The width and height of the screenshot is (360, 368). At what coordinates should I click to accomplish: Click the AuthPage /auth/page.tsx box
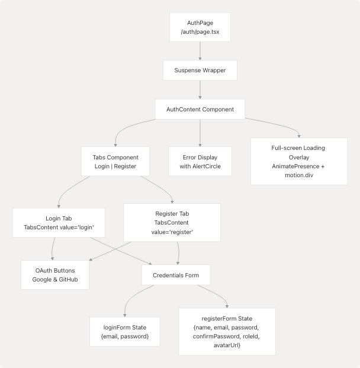pyautogui.click(x=200, y=27)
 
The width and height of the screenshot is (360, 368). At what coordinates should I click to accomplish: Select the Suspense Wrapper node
pyautogui.click(x=200, y=71)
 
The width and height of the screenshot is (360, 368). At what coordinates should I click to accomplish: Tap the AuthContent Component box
pyautogui.click(x=200, y=109)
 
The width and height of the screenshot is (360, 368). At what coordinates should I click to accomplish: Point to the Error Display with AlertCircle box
pyautogui.click(x=200, y=161)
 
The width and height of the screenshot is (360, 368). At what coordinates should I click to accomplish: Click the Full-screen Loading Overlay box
pyautogui.click(x=299, y=162)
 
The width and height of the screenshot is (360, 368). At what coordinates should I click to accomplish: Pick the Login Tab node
pyautogui.click(x=59, y=223)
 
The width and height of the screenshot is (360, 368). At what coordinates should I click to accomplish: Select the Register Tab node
pyautogui.click(x=172, y=223)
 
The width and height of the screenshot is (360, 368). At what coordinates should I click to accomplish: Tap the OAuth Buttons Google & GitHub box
pyautogui.click(x=55, y=274)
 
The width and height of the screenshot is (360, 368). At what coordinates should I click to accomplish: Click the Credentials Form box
pyautogui.click(x=176, y=274)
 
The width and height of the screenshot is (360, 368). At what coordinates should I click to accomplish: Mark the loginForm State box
pyautogui.click(x=124, y=331)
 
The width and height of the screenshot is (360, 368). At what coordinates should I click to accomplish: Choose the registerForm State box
pyautogui.click(x=226, y=331)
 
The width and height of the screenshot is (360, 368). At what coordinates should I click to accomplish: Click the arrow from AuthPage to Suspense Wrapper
pyautogui.click(x=200, y=51)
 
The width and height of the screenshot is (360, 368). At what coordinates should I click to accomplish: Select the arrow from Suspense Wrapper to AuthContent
pyautogui.click(x=200, y=89)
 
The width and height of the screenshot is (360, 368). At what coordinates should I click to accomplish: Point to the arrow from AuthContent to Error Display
pyautogui.click(x=200, y=133)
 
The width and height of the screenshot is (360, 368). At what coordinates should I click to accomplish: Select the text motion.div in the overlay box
pyautogui.click(x=299, y=177)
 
